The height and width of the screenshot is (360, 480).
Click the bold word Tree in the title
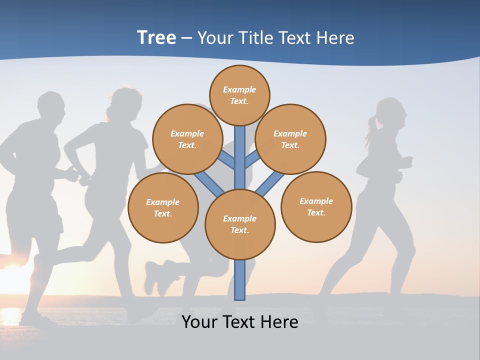pyautogui.click(x=156, y=38)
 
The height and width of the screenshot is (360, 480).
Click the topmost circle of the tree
pyautogui.click(x=239, y=95)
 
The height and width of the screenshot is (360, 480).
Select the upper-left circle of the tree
pyautogui.click(x=187, y=139)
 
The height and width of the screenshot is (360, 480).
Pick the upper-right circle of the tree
pyautogui.click(x=290, y=139)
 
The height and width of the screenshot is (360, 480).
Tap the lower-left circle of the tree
pyautogui.click(x=163, y=207)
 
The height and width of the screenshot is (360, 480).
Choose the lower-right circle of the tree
pyautogui.click(x=316, y=206)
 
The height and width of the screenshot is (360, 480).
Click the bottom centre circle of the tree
pyautogui.click(x=240, y=224)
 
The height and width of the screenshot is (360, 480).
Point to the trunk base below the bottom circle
pyautogui.click(x=240, y=280)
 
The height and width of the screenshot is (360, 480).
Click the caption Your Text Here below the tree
pyautogui.click(x=240, y=322)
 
